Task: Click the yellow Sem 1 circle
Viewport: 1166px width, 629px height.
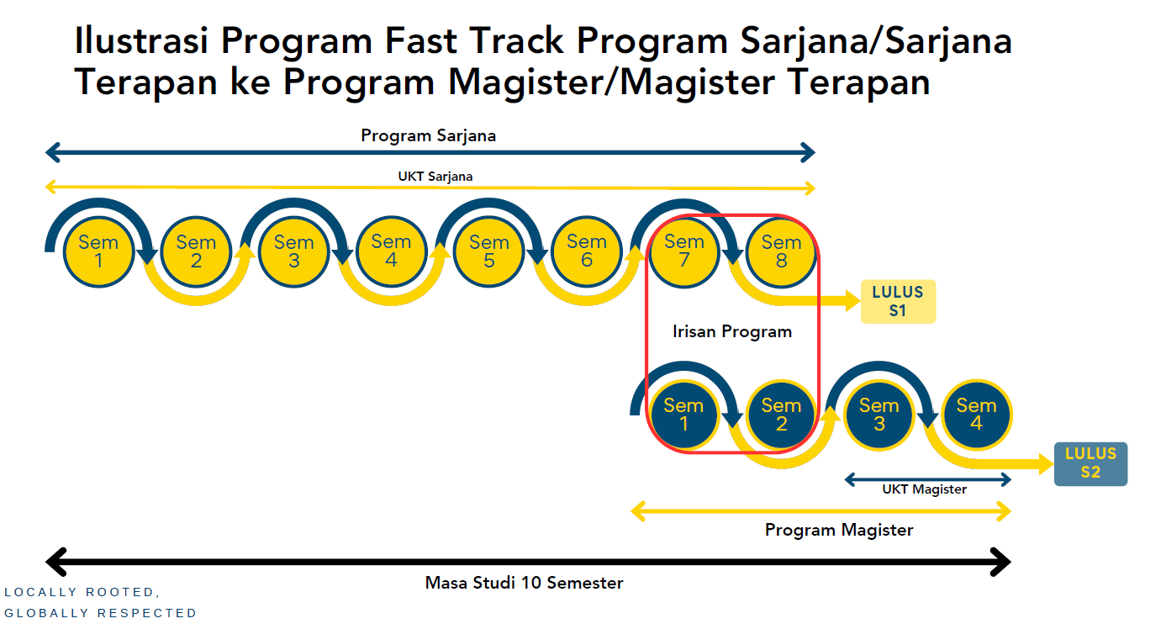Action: [x=98, y=251]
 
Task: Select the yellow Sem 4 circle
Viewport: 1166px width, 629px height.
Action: [x=391, y=251]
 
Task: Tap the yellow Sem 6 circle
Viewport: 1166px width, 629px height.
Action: [x=586, y=251]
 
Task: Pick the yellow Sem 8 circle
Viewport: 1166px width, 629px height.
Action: [x=781, y=251]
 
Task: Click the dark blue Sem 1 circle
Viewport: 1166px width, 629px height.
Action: [x=683, y=415]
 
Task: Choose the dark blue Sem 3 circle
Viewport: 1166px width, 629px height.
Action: [x=878, y=415]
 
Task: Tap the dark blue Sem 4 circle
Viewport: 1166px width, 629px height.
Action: [x=976, y=415]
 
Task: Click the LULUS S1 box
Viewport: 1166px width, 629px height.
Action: [x=898, y=302]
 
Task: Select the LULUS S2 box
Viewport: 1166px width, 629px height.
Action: [x=1090, y=463]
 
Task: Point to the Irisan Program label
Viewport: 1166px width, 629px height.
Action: [x=732, y=331]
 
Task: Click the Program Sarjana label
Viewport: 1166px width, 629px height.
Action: [x=428, y=135]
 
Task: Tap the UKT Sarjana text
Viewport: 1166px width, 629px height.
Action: [x=435, y=177]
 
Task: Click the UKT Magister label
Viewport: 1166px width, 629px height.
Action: [x=924, y=489]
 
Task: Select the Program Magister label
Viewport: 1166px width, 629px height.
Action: [x=838, y=530]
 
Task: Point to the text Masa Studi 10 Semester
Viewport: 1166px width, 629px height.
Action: [x=524, y=583]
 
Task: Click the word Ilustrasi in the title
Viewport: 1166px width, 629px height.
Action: [x=139, y=40]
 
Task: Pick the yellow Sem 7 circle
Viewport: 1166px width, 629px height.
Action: [x=683, y=251]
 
